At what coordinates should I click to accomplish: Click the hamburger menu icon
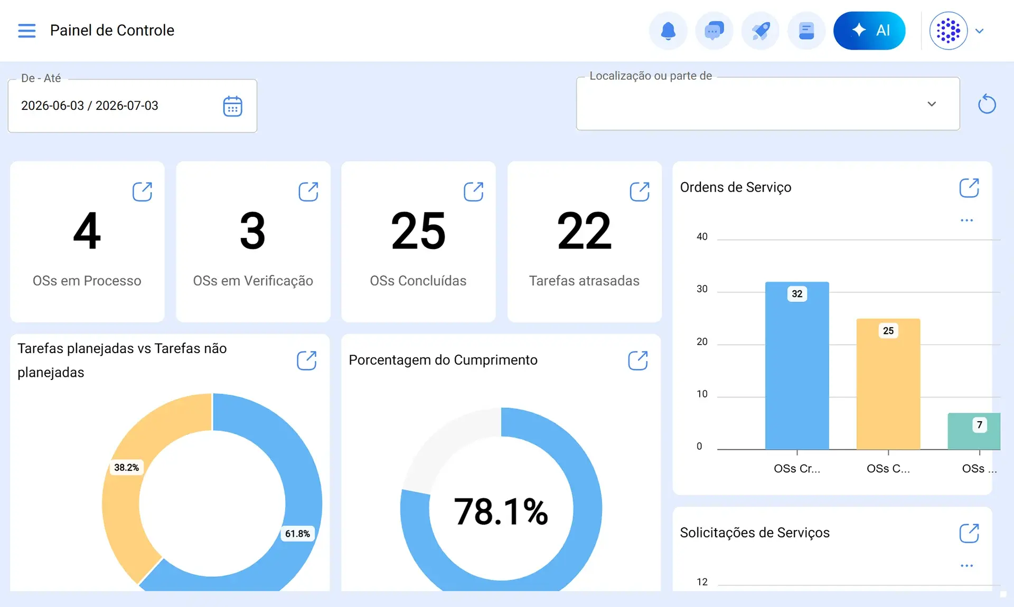pos(27,31)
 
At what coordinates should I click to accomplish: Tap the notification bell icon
pos(668,31)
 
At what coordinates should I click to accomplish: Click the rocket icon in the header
pos(760,31)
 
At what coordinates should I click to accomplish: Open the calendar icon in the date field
pos(232,106)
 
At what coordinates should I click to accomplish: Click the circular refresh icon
pos(987,104)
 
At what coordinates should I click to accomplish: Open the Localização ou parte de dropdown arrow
pos(932,104)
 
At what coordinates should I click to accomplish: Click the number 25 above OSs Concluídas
pos(418,231)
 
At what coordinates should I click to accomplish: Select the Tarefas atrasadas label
pos(584,281)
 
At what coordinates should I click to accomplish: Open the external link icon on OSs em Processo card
pos(142,192)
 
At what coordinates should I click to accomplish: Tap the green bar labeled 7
pos(974,431)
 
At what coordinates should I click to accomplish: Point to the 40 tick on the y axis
pos(702,236)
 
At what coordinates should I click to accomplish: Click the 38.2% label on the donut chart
pos(126,468)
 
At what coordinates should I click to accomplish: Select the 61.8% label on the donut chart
pos(297,534)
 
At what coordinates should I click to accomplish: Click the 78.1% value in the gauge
pos(501,511)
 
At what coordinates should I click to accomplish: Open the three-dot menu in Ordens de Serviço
pos(966,220)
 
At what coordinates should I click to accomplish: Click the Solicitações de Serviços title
pos(755,533)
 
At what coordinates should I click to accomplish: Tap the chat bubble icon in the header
pos(714,31)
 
